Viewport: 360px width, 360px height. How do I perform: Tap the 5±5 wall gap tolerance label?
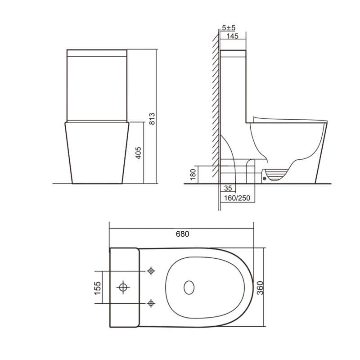pos(229,28)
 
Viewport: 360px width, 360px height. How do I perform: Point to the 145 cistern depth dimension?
pos(233,36)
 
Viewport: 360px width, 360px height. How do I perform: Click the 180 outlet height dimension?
pos(193,175)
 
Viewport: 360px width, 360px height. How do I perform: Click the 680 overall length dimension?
pos(182,234)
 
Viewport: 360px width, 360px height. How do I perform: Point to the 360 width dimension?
pos(260,286)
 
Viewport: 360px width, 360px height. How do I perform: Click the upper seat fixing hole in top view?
pos(151,271)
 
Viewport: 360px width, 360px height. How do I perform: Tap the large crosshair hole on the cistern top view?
pos(122,286)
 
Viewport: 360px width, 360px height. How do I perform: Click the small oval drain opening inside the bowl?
pos(189,287)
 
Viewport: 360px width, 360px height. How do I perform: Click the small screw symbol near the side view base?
pos(264,178)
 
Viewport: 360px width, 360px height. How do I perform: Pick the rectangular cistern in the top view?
pos(124,286)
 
